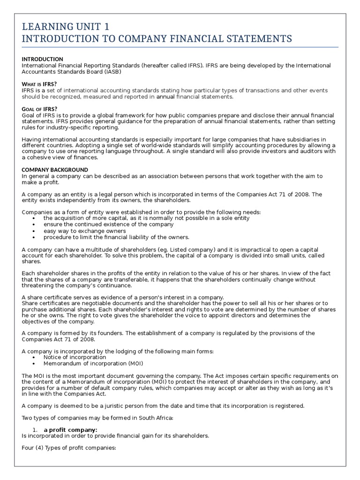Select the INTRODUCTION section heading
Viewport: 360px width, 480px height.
click(x=43, y=59)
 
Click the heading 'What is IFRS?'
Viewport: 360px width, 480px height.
click(x=39, y=84)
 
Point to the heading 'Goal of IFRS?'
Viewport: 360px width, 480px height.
click(x=40, y=109)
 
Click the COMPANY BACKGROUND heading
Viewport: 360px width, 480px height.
click(x=55, y=170)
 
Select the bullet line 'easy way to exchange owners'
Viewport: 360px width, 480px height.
click(x=85, y=231)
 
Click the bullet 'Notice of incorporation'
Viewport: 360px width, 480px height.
click(x=75, y=357)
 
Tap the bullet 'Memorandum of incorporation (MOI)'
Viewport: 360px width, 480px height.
click(x=93, y=363)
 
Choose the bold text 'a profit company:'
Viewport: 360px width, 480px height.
click(x=70, y=430)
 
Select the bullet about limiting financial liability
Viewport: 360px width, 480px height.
click(x=116, y=237)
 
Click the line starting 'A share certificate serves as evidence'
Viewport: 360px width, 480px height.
click(x=123, y=298)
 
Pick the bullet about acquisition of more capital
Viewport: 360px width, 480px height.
click(x=146, y=218)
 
